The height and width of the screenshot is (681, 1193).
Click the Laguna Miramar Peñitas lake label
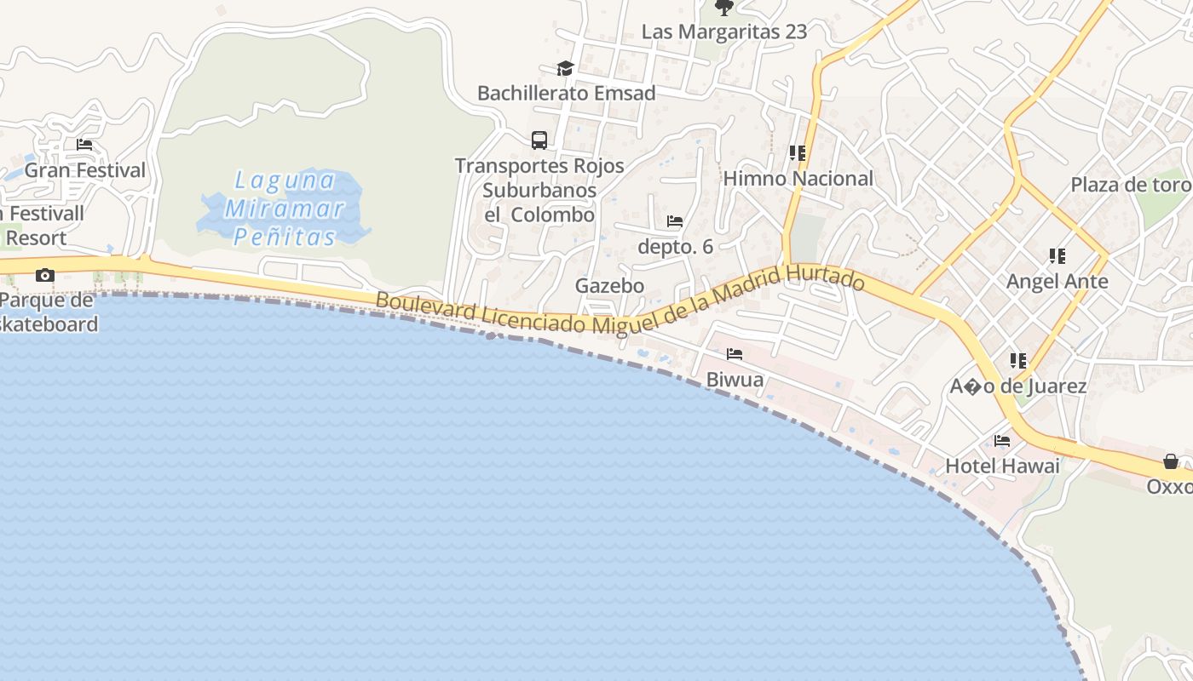point(285,208)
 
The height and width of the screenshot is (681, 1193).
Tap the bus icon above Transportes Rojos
point(539,140)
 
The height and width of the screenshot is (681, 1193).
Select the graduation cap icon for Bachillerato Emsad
point(565,68)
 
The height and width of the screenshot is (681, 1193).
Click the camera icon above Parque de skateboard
point(44,275)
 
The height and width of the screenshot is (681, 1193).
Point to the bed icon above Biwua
point(735,354)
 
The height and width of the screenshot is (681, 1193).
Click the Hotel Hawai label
point(1002,466)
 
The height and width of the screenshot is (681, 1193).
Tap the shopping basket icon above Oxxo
point(1171,461)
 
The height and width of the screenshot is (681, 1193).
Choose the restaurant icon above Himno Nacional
point(798,153)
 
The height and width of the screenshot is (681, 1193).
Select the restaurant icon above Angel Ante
point(1058,255)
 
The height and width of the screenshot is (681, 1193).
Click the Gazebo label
point(609,285)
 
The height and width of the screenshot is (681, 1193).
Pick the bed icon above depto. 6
point(675,221)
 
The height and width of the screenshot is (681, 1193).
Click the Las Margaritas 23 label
point(723,31)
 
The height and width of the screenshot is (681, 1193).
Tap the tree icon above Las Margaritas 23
point(723,9)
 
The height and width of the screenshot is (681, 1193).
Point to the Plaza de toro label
point(1130,185)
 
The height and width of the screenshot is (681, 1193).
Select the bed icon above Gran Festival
point(84,145)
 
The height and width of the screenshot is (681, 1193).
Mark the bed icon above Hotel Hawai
point(1002,441)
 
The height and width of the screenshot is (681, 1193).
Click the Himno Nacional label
point(798,179)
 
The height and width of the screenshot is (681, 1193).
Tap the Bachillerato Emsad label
point(566,93)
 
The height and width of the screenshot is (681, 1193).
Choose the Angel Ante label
point(1057,281)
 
